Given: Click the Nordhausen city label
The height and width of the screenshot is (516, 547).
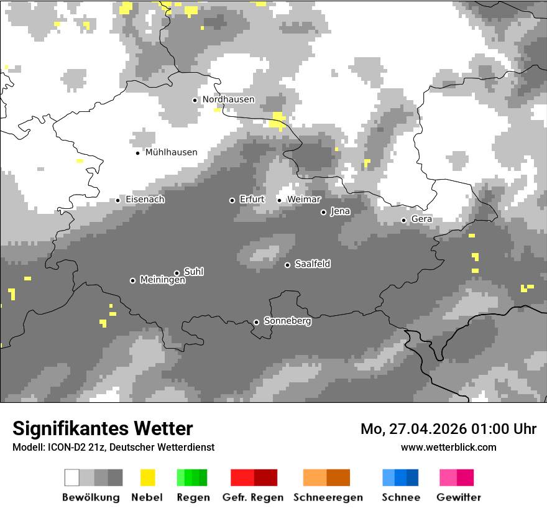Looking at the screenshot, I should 228,99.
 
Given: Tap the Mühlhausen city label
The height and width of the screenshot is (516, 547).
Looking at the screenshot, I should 171,152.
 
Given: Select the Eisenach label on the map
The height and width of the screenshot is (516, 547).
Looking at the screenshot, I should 145,200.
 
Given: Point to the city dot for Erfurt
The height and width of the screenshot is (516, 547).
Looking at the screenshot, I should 232,200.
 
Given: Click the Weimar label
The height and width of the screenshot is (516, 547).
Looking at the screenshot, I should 304,200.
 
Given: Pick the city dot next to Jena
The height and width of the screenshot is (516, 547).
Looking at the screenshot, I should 323,212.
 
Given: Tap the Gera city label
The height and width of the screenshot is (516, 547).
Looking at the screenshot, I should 421,219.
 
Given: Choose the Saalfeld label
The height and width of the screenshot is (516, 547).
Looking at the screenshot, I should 313,264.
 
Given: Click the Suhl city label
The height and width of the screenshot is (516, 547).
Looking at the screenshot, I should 194,272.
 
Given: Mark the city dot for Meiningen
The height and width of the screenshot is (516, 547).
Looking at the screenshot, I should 132,280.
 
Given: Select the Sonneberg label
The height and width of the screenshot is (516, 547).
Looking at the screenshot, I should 288,321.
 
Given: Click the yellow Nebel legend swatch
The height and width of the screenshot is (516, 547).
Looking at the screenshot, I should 147,477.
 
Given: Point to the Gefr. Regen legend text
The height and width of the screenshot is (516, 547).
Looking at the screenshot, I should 253,497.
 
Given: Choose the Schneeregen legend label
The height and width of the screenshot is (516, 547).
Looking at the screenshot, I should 328,497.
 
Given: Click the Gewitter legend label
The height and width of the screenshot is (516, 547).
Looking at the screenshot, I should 459,497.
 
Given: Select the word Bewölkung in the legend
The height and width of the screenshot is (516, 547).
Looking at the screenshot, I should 91,497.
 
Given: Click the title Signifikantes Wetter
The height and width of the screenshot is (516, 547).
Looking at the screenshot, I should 103,428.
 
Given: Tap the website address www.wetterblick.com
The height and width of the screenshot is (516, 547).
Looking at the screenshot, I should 448,447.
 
